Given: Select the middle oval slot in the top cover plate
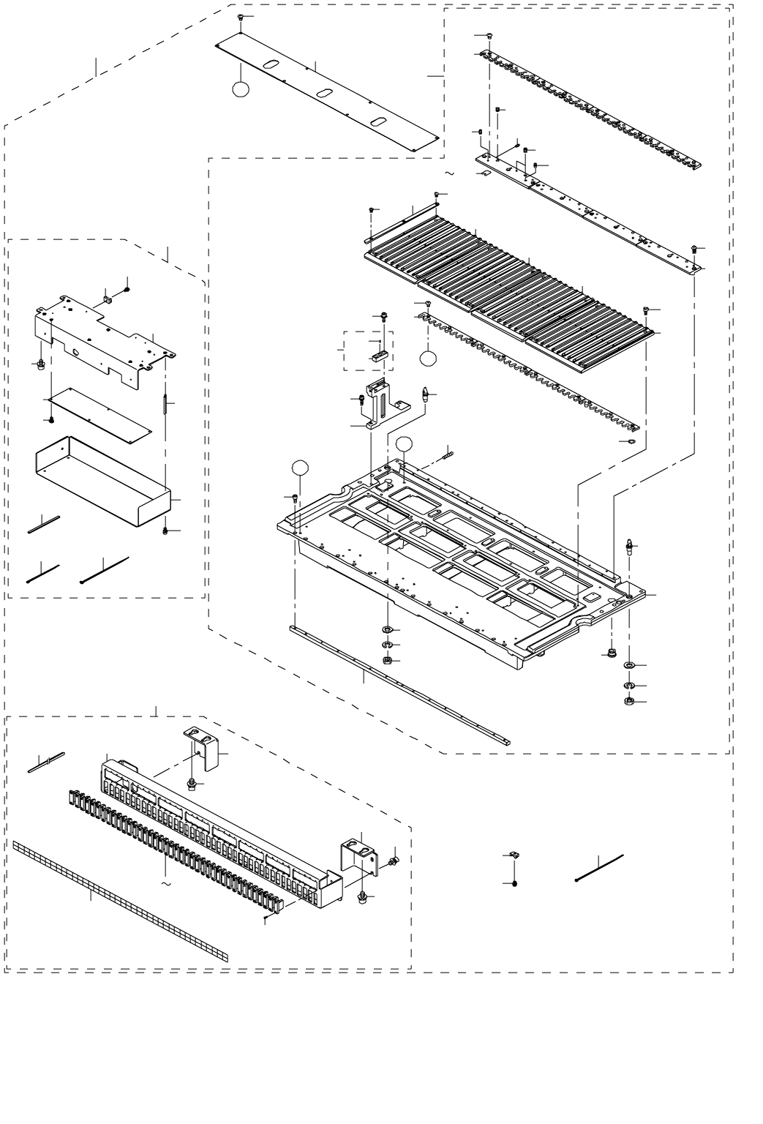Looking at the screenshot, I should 325,94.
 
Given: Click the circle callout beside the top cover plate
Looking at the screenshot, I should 240,89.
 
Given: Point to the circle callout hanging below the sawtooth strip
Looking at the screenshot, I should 428,357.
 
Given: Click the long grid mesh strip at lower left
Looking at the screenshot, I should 121,901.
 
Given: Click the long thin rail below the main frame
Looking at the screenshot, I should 399,683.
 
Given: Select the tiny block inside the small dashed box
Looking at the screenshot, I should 377,356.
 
